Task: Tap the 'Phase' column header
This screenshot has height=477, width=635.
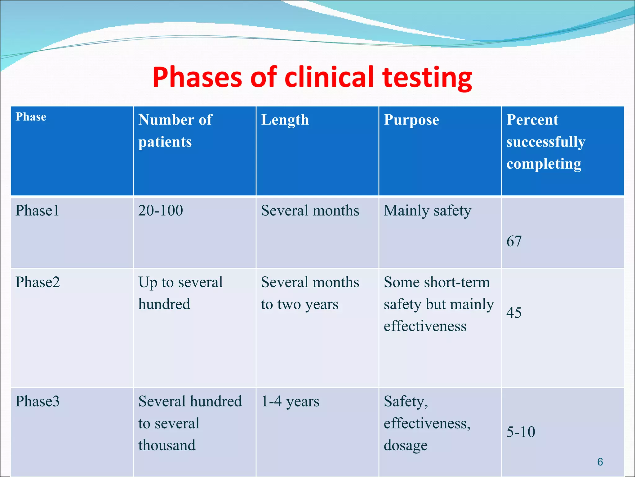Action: (x=31, y=117)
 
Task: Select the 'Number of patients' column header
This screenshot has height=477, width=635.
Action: (x=175, y=130)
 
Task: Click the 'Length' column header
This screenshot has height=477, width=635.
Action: (x=285, y=120)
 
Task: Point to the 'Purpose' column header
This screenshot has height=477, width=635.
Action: (x=411, y=120)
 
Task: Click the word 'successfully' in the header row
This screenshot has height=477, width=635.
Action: (x=546, y=142)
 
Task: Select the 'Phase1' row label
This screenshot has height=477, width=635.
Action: (x=37, y=211)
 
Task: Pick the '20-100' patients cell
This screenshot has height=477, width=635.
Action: (x=161, y=211)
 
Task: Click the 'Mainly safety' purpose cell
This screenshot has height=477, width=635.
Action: (x=427, y=211)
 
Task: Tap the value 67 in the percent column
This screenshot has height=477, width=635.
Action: (x=514, y=241)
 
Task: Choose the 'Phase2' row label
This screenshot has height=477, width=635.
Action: (x=38, y=282)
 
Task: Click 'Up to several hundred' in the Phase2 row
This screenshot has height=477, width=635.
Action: (x=180, y=293)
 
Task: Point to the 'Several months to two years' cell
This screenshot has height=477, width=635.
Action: (x=310, y=293)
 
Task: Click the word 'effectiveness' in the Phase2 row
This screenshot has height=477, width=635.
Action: (x=425, y=326)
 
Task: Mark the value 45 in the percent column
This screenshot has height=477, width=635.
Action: (x=514, y=313)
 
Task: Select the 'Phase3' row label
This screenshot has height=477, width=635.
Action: (x=38, y=401)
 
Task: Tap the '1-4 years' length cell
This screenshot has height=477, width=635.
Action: (x=290, y=401)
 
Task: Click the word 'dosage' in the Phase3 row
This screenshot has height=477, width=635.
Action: (x=406, y=445)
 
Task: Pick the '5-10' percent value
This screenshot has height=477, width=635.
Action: (x=521, y=432)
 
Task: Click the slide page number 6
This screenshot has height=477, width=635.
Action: (x=600, y=462)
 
